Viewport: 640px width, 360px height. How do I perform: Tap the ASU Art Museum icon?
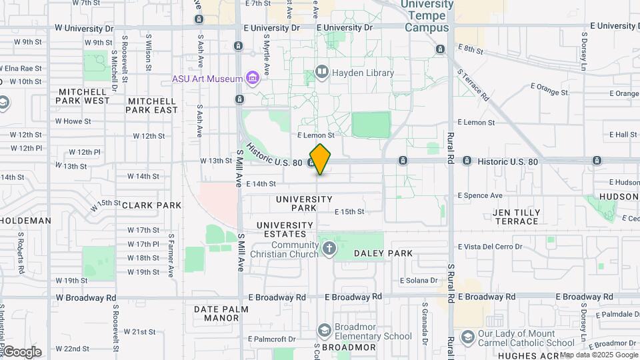252,79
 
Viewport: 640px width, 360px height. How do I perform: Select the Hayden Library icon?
322,73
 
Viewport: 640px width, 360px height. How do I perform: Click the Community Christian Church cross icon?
328,249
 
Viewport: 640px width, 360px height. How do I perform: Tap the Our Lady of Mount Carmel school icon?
467,337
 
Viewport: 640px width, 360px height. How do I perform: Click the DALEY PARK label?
383,253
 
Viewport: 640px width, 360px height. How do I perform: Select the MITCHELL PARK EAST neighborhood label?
152,105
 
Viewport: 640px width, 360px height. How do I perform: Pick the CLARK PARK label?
151,205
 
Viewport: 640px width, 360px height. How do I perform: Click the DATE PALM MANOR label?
221,313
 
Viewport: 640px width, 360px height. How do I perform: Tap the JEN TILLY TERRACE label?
516,217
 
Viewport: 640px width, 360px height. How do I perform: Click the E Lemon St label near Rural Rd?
476,123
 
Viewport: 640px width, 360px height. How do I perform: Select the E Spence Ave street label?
480,195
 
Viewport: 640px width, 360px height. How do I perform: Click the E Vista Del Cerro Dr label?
489,247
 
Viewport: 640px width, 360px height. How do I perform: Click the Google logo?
22,351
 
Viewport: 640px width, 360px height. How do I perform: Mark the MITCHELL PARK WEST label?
84,96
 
